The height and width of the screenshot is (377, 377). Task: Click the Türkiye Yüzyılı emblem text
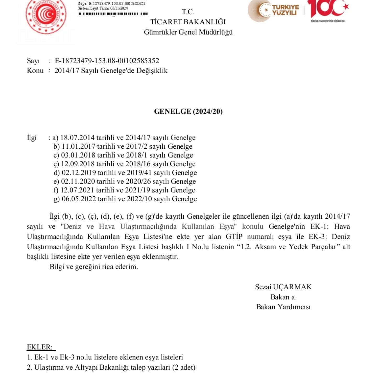coord(285,10)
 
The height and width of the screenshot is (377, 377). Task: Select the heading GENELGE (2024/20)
coord(188,112)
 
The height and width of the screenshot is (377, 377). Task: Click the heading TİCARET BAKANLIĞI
coord(188,22)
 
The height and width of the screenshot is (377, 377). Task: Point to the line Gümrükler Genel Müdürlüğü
coord(188,32)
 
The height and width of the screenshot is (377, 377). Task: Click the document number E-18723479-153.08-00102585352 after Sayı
coord(107,61)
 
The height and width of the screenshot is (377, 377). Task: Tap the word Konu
coord(35,71)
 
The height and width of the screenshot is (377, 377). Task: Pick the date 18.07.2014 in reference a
coord(77,138)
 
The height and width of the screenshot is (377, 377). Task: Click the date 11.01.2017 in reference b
coord(78,146)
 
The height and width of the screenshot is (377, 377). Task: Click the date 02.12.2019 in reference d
coord(79,173)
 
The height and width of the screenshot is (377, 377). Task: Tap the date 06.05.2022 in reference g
coord(79,199)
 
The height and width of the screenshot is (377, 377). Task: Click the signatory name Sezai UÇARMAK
coord(283,287)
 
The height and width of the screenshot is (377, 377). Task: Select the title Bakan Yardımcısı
coord(283,307)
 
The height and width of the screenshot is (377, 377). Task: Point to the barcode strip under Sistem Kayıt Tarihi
coord(113,14)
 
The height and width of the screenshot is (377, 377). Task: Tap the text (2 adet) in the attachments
coord(184,368)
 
